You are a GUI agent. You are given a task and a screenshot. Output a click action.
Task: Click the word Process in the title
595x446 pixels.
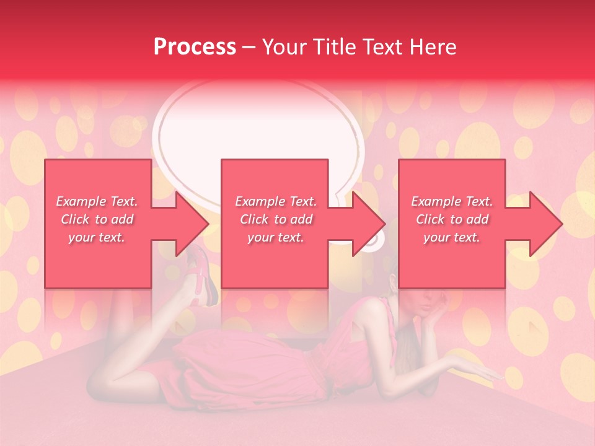coord(195,47)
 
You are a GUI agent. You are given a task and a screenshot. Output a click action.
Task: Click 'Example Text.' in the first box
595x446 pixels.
coord(97,201)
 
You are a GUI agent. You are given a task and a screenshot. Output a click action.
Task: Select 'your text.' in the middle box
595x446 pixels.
coord(275,237)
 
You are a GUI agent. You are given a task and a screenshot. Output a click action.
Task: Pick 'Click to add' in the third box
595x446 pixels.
coord(452,219)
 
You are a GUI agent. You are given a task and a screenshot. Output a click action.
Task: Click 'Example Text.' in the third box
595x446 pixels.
coord(452,201)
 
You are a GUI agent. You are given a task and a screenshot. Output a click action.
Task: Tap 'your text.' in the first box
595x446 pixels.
coord(97,237)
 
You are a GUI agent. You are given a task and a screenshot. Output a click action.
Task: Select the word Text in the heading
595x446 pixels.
coord(385,47)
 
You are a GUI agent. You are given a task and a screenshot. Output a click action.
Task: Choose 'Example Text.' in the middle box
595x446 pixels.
coord(275,201)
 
